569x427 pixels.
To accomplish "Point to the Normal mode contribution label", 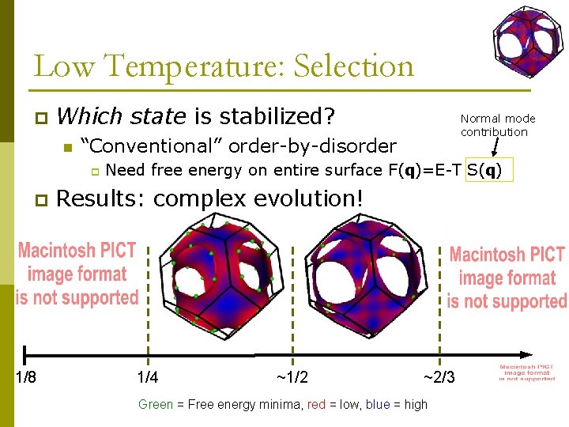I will [x=498, y=125].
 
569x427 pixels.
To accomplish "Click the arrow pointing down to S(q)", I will [x=496, y=148].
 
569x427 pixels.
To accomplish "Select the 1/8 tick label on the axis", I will [x=26, y=377].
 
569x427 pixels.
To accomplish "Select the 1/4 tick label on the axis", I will [x=147, y=377].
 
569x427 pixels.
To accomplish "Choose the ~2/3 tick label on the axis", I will [x=439, y=377].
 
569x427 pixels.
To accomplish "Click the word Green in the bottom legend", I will [x=156, y=404].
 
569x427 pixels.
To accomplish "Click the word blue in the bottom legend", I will [x=377, y=404].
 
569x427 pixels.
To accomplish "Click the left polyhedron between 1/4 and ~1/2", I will [x=221, y=278].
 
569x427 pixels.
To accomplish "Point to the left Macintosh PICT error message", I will [x=77, y=274].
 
